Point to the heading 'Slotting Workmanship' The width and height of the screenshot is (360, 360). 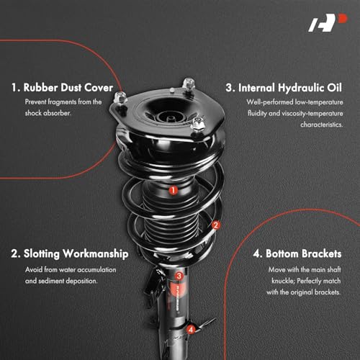pos(70,253)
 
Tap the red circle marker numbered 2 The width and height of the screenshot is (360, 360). pos(215,225)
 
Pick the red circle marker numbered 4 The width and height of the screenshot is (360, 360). pos(191,329)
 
